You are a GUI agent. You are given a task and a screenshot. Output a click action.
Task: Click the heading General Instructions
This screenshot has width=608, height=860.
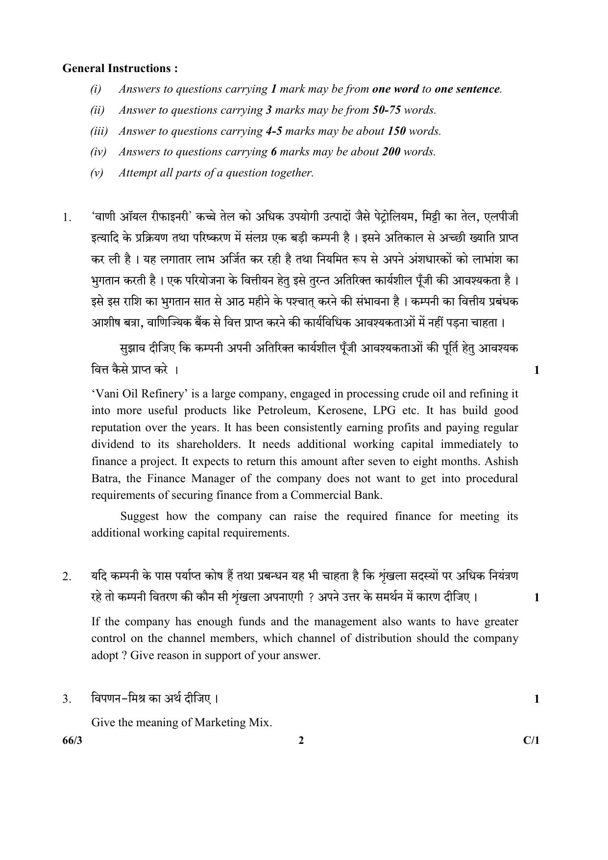pos(120,68)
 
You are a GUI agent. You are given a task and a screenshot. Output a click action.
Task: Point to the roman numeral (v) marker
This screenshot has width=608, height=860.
pos(97,172)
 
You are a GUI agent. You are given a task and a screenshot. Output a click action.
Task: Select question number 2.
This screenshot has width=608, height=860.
pos(67,577)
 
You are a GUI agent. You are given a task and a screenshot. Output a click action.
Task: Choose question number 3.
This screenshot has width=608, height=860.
pos(67,699)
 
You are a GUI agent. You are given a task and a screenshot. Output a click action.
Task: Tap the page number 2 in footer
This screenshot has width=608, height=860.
pos(301,740)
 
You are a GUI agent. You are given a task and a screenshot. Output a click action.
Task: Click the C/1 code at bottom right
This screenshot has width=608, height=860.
pos(531,740)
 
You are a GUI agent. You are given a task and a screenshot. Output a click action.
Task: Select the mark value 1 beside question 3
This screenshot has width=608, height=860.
pos(536,699)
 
